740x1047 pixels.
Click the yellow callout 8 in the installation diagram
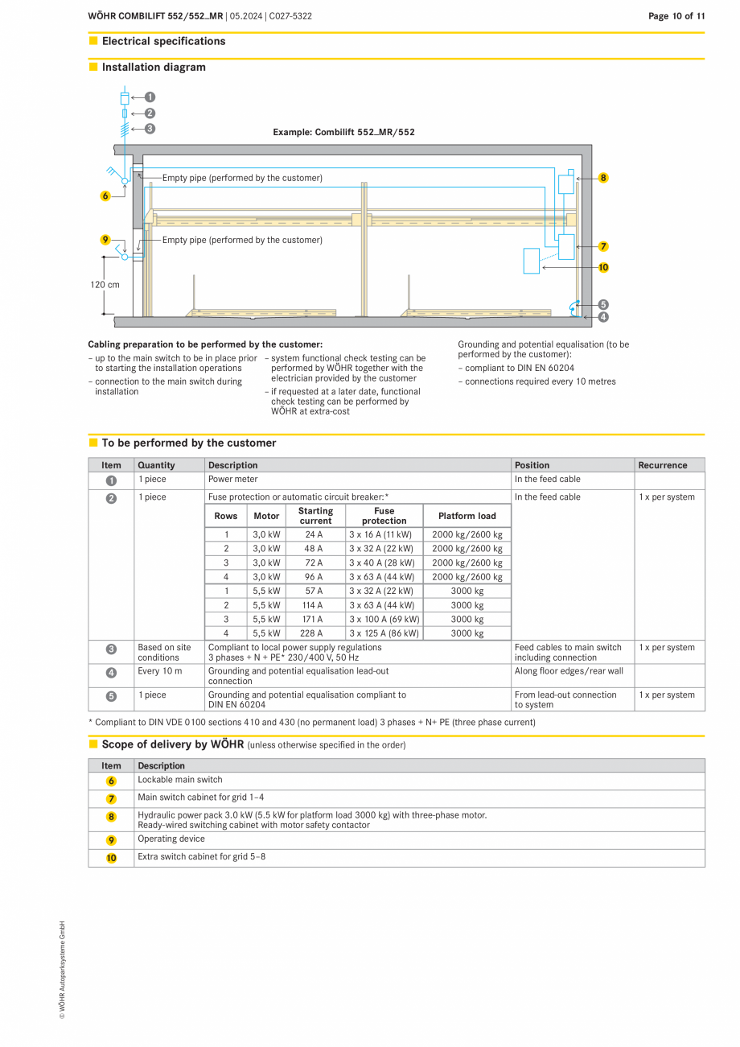pyautogui.click(x=603, y=178)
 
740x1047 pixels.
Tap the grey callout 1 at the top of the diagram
pyautogui.click(x=150, y=97)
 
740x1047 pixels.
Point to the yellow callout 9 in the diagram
pyautogui.click(x=105, y=240)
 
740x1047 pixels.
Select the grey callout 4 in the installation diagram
pyautogui.click(x=603, y=317)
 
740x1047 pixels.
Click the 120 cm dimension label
pyautogui.click(x=105, y=285)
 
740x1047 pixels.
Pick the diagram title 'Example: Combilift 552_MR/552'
pyautogui.click(x=343, y=132)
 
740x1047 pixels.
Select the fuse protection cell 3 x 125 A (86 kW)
pyautogui.click(x=384, y=633)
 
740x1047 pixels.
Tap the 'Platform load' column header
pyautogui.click(x=467, y=516)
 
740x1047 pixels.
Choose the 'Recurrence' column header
pyautogui.click(x=663, y=465)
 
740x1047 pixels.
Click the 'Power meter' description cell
pyautogui.click(x=233, y=480)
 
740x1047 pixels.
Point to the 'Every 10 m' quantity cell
pyautogui.click(x=159, y=671)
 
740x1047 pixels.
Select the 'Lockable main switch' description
pyautogui.click(x=180, y=780)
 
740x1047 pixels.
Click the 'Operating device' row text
pyautogui.click(x=171, y=839)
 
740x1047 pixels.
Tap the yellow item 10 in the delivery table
pyautogui.click(x=111, y=858)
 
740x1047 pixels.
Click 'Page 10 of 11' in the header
pyautogui.click(x=676, y=16)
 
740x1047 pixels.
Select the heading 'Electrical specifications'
pyautogui.click(x=163, y=41)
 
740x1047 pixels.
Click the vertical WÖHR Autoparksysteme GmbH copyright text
pyautogui.click(x=62, y=970)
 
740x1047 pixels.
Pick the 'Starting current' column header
pyautogui.click(x=315, y=516)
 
